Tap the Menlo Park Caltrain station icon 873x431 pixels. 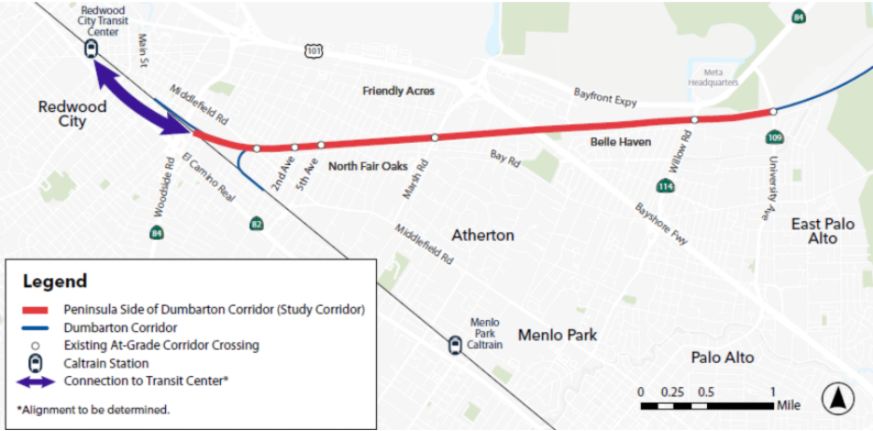tap(454, 344)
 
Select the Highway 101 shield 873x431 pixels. tap(313, 49)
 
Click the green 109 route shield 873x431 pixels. tap(775, 138)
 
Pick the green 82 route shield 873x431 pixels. tap(256, 224)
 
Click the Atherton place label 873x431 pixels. tap(482, 235)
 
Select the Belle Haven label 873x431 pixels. tap(620, 143)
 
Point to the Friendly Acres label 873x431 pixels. tap(398, 91)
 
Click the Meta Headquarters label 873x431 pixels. tap(714, 77)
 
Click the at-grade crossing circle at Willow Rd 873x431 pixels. tap(694, 120)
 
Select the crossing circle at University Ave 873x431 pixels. tap(773, 112)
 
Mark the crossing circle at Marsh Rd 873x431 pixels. tap(435, 138)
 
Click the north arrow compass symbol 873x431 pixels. tap(838, 399)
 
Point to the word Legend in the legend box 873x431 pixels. tap(55, 281)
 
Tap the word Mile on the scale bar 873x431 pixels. tap(787, 405)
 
